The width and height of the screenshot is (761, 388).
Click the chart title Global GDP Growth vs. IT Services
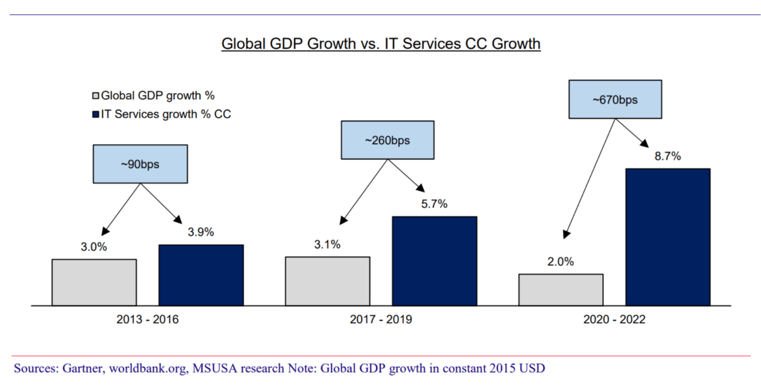pos(380,44)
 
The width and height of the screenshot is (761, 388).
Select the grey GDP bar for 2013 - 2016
pos(94,282)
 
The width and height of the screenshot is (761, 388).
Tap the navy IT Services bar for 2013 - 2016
pos(201,275)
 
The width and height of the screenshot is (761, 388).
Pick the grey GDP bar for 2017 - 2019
pos(327,281)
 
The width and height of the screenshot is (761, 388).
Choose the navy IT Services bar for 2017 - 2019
pos(434,261)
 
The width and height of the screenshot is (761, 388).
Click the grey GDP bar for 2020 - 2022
pos(561,290)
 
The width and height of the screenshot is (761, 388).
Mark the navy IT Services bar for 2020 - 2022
pos(667,237)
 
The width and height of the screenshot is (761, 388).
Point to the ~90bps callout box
pos(140,164)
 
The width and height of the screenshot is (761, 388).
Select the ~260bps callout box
pos(387,140)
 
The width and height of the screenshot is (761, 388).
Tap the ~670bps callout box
pos(615,100)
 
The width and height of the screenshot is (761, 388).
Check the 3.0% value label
pos(94,247)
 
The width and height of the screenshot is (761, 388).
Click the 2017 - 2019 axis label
pos(380,320)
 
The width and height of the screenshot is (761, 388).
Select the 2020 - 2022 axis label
pos(614,320)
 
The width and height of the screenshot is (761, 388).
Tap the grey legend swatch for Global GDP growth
pos(96,95)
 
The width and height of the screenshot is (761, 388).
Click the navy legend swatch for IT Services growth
pos(96,114)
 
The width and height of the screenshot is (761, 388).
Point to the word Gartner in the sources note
pos(75,369)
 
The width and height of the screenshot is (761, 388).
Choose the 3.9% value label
pos(200,232)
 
